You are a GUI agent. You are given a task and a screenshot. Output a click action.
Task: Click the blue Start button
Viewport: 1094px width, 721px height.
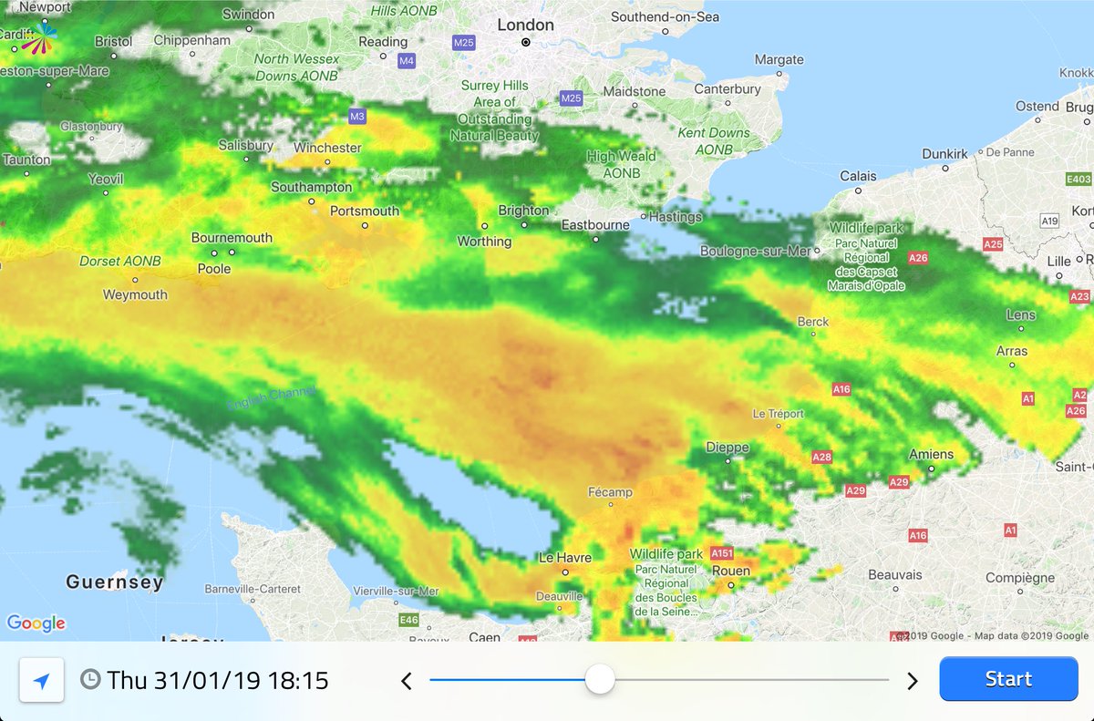(x=1008, y=679)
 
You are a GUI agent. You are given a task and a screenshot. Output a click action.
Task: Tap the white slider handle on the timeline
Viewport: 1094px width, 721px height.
(x=600, y=679)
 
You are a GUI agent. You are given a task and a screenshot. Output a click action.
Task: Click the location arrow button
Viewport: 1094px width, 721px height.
(x=42, y=680)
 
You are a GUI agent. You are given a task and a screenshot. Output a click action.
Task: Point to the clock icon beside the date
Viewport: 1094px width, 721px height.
(x=90, y=680)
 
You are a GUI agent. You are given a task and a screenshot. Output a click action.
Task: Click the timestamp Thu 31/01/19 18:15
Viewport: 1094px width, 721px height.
(x=217, y=680)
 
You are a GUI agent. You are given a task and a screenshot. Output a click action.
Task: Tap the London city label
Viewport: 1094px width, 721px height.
(x=525, y=26)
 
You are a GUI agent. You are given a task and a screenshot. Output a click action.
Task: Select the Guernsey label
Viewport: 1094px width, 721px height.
(x=115, y=582)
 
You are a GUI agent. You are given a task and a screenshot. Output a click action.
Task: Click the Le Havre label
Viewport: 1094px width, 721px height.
(x=565, y=557)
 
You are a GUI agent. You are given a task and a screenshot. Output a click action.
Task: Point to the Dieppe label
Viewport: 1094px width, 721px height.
(x=728, y=448)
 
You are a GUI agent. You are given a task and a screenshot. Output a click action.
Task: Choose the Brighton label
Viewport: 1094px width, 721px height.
(x=523, y=211)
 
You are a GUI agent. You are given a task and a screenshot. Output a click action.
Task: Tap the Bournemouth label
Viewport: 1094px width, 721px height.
(x=232, y=238)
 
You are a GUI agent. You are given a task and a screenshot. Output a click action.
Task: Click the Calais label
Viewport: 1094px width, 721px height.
(x=858, y=176)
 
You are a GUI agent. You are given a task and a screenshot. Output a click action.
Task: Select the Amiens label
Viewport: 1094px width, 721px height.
(x=931, y=454)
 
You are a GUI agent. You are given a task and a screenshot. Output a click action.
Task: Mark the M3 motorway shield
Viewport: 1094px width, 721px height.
(x=357, y=116)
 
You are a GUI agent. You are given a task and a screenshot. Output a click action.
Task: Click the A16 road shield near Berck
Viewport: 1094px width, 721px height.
(x=841, y=389)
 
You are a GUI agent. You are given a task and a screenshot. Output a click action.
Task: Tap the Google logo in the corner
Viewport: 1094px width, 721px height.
(x=36, y=623)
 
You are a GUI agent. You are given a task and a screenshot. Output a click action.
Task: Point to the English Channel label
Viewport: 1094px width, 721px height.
(x=271, y=398)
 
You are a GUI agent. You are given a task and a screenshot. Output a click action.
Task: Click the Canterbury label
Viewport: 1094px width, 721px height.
(x=728, y=89)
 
